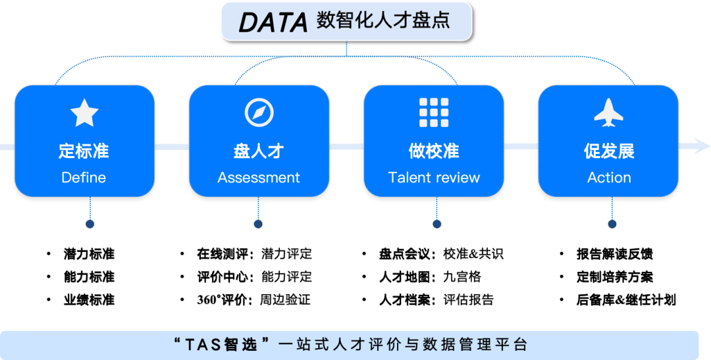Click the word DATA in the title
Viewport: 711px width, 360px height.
point(273,22)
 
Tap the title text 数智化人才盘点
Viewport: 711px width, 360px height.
point(383,20)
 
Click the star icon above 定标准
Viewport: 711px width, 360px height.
point(84,113)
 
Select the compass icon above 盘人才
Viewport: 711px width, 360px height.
point(259,113)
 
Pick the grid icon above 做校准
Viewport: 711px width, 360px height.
point(434,113)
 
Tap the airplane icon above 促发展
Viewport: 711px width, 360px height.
point(608,113)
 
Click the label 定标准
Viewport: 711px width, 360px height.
point(84,151)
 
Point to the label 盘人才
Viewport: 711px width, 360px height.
point(259,151)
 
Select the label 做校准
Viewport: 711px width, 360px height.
point(434,151)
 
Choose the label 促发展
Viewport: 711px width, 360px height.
point(609,151)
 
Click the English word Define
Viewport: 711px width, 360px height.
point(84,178)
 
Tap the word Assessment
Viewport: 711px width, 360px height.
point(259,178)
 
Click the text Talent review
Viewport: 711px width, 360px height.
point(434,178)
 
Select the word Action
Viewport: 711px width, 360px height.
point(609,178)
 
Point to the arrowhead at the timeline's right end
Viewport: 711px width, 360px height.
point(701,146)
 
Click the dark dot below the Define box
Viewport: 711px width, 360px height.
point(90,224)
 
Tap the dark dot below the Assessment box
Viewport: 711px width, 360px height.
point(258,224)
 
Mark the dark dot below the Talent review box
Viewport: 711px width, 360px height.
point(437,224)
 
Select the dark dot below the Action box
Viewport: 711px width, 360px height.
point(612,224)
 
